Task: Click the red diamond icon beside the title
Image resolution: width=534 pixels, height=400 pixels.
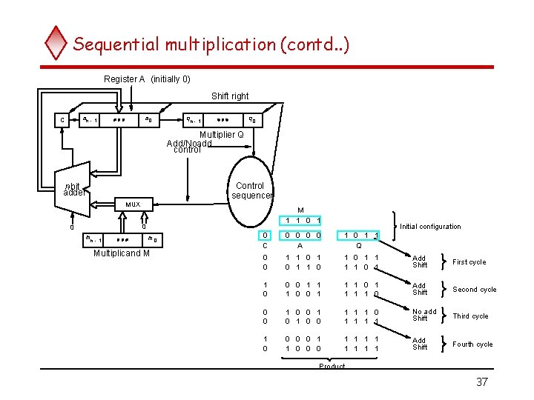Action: pos(56,43)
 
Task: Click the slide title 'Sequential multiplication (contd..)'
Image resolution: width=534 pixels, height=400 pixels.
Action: pos(211,44)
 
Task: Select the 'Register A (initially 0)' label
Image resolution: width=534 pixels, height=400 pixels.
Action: pos(147,79)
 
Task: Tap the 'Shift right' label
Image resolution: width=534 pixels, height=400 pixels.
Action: pos(230,96)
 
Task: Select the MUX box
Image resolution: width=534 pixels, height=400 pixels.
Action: pos(133,204)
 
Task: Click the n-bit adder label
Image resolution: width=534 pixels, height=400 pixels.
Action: pos(74,190)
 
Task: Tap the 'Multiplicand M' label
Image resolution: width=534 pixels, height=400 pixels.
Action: pos(122,254)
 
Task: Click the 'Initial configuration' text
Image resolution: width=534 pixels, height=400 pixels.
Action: pos(430,227)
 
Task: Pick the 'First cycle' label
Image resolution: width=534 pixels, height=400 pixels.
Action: pos(469,262)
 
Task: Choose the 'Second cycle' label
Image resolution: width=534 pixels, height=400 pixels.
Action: pos(474,290)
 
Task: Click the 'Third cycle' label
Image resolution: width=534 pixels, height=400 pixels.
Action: pos(470,316)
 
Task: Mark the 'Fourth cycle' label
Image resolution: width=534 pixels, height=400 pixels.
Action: pos(472,344)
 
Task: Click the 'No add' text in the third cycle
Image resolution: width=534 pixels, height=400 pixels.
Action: pos(424,312)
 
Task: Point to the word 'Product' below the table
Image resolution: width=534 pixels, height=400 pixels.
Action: pos(332,367)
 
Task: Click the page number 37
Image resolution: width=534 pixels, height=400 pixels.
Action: pos(482,382)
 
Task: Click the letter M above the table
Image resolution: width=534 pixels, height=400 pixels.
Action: pos(300,210)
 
